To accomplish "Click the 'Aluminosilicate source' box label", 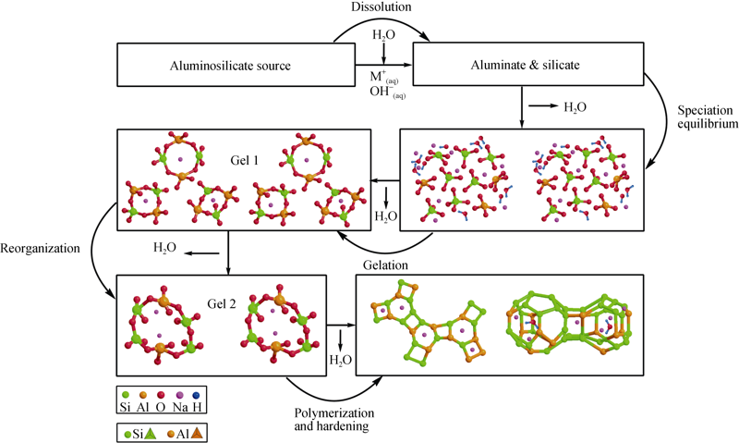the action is [230, 66].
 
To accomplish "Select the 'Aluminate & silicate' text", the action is [525, 65].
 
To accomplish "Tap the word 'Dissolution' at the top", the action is [382, 6].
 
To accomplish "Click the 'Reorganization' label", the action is [40, 248].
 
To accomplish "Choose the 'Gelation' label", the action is [385, 265].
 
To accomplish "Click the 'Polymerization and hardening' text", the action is [334, 419].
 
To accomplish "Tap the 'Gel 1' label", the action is [245, 160].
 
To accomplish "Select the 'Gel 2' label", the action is [222, 304].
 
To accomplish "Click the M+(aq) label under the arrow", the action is [384, 78].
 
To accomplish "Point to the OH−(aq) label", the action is [387, 92].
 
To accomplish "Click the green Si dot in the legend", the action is [126, 394].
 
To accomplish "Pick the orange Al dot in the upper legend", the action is [143, 394].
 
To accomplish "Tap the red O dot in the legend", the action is [161, 394].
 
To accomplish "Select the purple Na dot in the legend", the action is [179, 394].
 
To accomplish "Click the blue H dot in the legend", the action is [197, 394].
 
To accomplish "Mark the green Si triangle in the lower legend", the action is [150, 434].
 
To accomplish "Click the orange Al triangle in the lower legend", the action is [197, 434].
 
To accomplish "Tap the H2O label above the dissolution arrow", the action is [383, 35].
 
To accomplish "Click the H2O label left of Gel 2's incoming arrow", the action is [165, 248].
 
